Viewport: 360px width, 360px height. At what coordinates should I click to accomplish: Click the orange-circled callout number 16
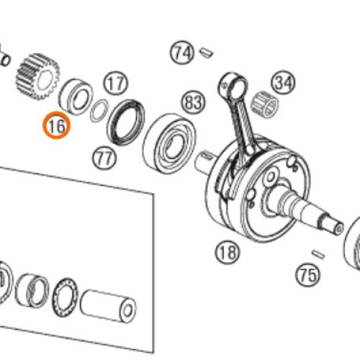coord(57,125)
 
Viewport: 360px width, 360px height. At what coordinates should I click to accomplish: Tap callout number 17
coord(116,84)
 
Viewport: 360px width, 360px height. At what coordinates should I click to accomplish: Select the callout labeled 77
coord(104,158)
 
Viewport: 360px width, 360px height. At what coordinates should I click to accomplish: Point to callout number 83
coord(194,102)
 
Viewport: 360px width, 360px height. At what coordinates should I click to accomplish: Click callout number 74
coord(182,53)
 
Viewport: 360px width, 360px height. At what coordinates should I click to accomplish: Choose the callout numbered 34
coord(284,83)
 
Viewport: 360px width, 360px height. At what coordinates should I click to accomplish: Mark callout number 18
coord(228,252)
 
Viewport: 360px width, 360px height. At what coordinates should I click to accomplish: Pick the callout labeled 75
coord(307,274)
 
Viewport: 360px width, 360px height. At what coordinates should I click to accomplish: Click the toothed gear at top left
coord(37,76)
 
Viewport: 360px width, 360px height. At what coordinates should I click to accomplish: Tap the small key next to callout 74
coord(207,53)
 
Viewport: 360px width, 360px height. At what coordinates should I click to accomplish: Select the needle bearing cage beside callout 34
coord(265,104)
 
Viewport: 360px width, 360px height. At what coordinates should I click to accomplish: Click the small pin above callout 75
coord(318,254)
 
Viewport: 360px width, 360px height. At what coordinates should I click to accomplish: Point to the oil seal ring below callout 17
coord(126,122)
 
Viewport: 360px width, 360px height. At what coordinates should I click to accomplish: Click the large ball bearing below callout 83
coord(169,143)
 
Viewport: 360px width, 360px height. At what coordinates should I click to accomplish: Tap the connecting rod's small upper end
coord(233,84)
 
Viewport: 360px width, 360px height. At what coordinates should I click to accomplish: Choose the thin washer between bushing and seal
coord(99,110)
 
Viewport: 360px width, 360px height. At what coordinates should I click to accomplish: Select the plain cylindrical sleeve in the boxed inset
coord(108,307)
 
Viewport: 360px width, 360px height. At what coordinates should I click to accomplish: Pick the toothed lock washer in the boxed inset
coord(66,297)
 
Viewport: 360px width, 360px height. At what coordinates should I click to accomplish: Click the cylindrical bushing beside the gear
coord(75,96)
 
